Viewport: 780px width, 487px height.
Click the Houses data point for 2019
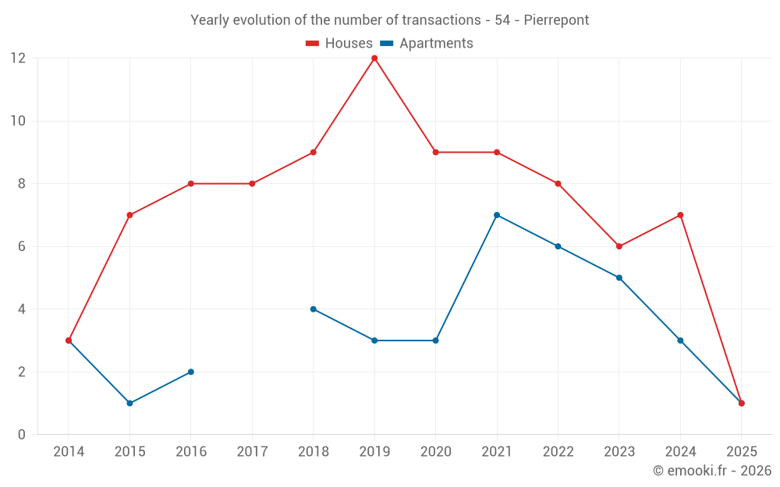374,58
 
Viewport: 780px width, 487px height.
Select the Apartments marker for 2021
497,215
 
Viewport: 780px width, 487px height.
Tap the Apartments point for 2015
129,403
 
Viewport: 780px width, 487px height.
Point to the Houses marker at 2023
619,246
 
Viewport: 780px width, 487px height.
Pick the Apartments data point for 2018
314,309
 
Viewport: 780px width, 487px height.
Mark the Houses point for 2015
129,215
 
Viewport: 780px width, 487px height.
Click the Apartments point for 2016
191,372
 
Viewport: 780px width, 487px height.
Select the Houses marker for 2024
680,215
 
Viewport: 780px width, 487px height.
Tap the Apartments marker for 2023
619,277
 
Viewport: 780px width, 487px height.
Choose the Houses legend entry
339,44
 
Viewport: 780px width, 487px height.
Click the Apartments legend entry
427,44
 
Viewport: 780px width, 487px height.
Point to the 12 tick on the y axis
17,58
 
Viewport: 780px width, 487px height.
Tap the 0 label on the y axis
22,435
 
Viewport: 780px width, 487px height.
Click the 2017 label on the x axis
252,452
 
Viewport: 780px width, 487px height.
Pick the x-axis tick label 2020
435,452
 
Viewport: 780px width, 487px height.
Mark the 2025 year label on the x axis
742,452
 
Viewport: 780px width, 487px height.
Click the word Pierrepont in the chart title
556,20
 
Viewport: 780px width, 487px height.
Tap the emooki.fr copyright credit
712,471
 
